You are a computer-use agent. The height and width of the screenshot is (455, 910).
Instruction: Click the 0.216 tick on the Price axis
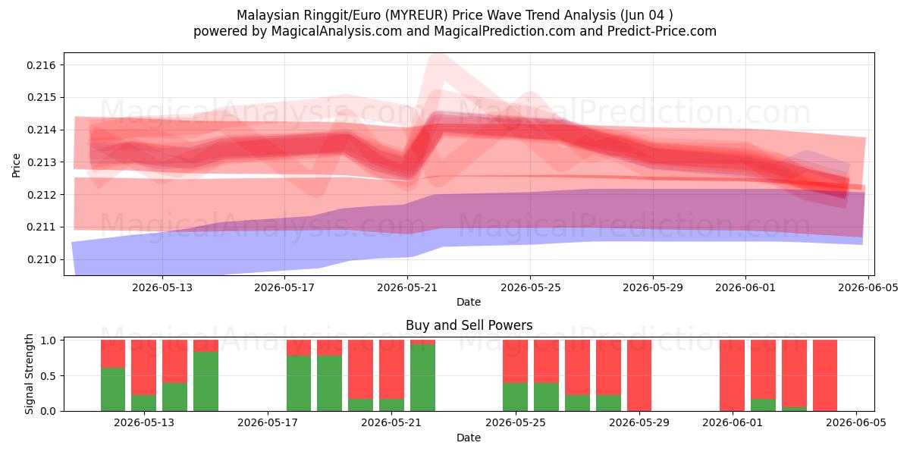(x=42, y=65)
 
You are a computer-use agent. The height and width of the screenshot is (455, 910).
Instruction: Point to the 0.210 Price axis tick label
(x=42, y=259)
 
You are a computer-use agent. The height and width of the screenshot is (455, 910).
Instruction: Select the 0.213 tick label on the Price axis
(x=42, y=162)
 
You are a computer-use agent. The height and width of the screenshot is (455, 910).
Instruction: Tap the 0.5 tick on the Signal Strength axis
(x=49, y=376)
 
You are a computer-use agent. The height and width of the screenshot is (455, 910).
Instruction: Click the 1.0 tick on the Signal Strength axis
(x=49, y=340)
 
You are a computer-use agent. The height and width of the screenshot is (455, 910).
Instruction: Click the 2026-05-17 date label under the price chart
(x=284, y=287)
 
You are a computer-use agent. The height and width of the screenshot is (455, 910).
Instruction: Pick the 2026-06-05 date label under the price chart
(x=868, y=287)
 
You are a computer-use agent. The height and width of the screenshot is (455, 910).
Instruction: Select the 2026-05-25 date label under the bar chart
(x=516, y=423)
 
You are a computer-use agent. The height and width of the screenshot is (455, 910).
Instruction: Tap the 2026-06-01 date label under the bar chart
(x=733, y=423)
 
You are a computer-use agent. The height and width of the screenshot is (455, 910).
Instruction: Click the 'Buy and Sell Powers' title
(x=469, y=325)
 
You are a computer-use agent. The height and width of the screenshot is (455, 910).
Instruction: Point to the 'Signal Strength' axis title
(x=29, y=374)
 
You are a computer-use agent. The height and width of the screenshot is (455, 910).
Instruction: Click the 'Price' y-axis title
(x=16, y=165)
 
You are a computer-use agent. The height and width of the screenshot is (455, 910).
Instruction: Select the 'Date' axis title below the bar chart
(x=469, y=438)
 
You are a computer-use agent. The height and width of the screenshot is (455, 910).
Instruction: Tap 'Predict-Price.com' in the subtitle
(x=662, y=31)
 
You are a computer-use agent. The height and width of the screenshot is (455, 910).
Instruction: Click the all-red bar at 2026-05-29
(x=639, y=375)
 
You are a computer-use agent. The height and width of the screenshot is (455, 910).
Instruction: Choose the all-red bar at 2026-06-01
(x=732, y=375)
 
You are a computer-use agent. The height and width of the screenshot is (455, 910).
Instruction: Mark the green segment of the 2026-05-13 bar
(x=144, y=403)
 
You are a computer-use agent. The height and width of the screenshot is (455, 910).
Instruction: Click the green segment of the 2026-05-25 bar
(x=515, y=397)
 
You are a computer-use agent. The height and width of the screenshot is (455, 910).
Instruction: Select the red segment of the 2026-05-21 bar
(x=391, y=369)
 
